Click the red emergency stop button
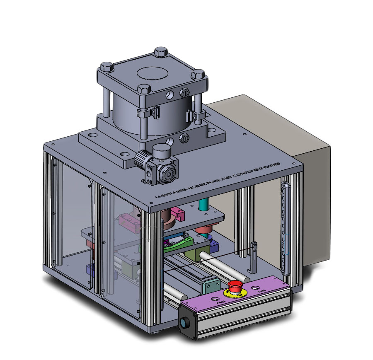pos(235,286)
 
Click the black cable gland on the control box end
pos(185,323)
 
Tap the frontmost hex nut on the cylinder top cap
pos(143,89)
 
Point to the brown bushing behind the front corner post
pos(168,220)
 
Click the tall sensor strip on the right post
pos(285,228)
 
